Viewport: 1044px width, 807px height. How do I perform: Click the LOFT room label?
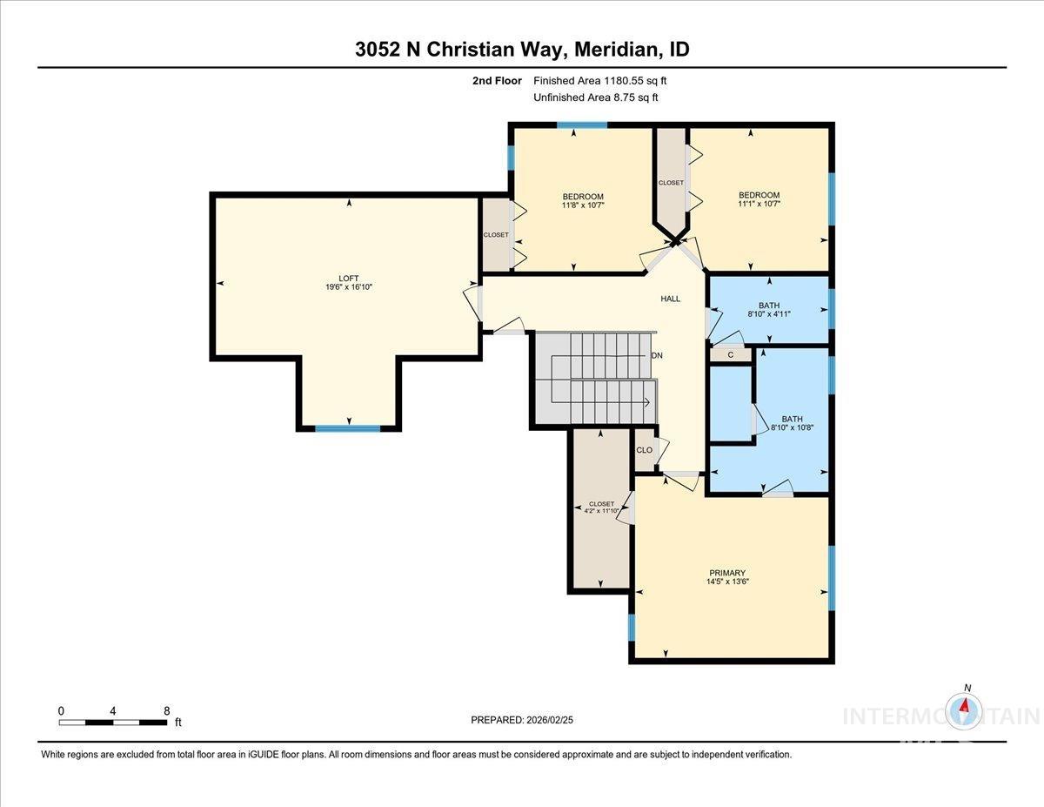point(348,278)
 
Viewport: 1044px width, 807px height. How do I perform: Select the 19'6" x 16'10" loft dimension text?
point(348,286)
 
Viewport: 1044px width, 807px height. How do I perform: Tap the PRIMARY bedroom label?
point(726,573)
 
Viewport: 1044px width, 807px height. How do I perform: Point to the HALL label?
point(670,299)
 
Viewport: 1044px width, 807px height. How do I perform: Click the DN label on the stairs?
point(657,355)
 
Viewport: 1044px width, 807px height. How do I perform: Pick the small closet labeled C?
point(731,354)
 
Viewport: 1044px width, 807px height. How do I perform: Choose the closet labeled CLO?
point(645,450)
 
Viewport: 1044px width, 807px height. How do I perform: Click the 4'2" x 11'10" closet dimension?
point(601,512)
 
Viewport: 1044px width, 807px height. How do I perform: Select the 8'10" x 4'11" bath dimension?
point(769,314)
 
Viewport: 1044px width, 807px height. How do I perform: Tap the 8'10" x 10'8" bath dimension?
point(793,427)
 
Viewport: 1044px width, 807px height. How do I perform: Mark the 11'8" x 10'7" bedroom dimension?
point(583,205)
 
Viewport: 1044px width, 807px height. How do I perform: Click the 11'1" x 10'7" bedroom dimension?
point(759,205)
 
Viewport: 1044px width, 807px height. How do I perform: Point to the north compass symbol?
point(965,709)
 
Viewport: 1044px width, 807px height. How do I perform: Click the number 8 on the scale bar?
point(166,710)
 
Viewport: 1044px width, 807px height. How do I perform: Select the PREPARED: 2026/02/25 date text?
point(522,720)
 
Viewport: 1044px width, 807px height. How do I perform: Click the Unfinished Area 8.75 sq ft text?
point(595,98)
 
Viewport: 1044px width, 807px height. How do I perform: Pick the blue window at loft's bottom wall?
point(347,428)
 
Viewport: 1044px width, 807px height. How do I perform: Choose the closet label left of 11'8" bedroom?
point(496,235)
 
